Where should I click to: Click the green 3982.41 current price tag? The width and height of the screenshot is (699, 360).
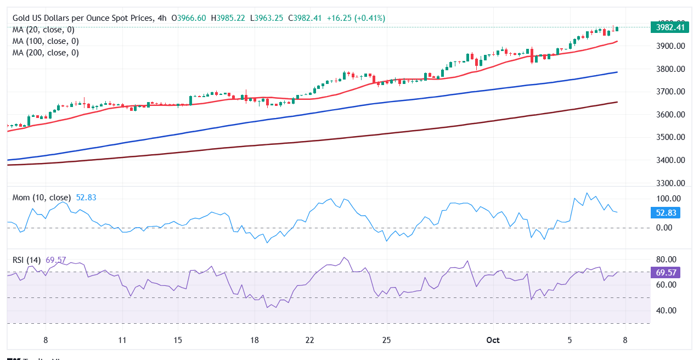tap(669, 27)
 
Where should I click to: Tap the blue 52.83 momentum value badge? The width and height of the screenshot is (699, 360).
tap(669, 213)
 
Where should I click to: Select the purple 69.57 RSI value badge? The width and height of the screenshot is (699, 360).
tap(669, 272)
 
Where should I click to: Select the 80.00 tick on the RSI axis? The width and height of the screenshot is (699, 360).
tap(666, 260)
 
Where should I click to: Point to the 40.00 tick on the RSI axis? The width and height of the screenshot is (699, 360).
tap(666, 311)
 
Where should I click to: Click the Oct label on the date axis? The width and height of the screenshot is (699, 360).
tap(493, 340)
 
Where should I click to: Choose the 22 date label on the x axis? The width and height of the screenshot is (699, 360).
tap(309, 340)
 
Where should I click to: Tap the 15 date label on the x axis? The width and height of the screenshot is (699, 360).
tap(177, 340)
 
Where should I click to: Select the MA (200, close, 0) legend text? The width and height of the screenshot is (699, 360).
tap(45, 53)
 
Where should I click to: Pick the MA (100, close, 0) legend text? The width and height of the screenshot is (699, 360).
tap(45, 41)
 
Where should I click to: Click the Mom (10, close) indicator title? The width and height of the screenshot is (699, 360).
tap(42, 198)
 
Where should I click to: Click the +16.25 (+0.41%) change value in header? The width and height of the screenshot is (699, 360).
tap(356, 18)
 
